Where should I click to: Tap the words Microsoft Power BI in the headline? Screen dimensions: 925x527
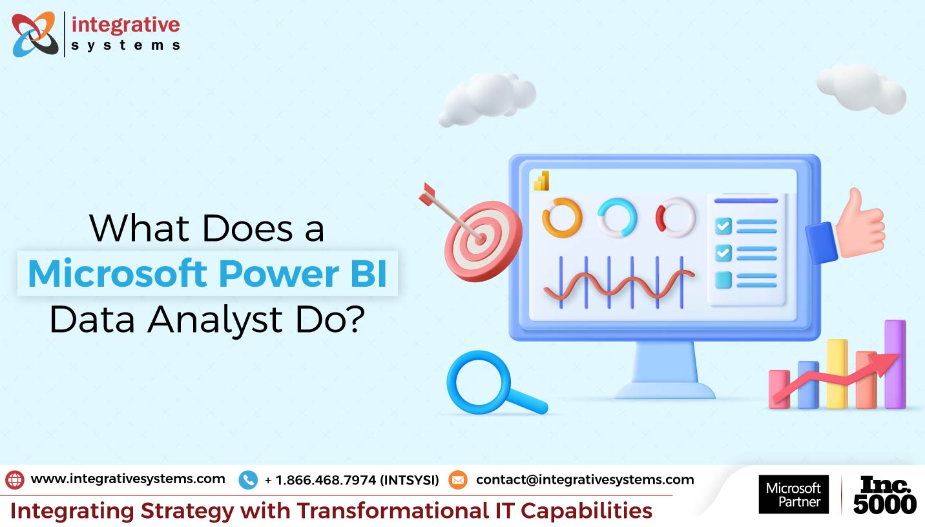pyautogui.click(x=207, y=273)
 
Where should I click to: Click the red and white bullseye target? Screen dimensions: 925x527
pyautogui.click(x=483, y=241)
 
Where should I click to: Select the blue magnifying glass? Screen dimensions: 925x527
pyautogui.click(x=479, y=382)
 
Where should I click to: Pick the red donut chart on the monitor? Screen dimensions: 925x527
pyautogui.click(x=660, y=218)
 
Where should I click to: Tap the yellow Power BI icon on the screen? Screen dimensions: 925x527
pyautogui.click(x=541, y=181)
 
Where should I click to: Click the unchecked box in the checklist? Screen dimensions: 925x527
pyautogui.click(x=723, y=280)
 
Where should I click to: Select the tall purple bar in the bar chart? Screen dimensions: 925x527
pyautogui.click(x=895, y=364)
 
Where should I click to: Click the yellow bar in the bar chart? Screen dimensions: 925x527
pyautogui.click(x=837, y=374)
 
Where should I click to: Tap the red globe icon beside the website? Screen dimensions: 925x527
pyautogui.click(x=15, y=480)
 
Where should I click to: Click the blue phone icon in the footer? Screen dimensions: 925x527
pyautogui.click(x=248, y=480)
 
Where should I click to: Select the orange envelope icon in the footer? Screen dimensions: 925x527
pyautogui.click(x=458, y=480)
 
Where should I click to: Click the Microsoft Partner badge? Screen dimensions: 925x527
pyautogui.click(x=794, y=494)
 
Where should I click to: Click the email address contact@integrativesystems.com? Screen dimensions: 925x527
pyautogui.click(x=585, y=479)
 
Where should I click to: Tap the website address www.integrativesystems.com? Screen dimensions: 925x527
pyautogui.click(x=128, y=479)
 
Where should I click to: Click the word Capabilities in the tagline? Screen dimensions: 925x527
pyautogui.click(x=587, y=512)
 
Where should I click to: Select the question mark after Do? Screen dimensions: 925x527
pyautogui.click(x=355, y=318)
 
